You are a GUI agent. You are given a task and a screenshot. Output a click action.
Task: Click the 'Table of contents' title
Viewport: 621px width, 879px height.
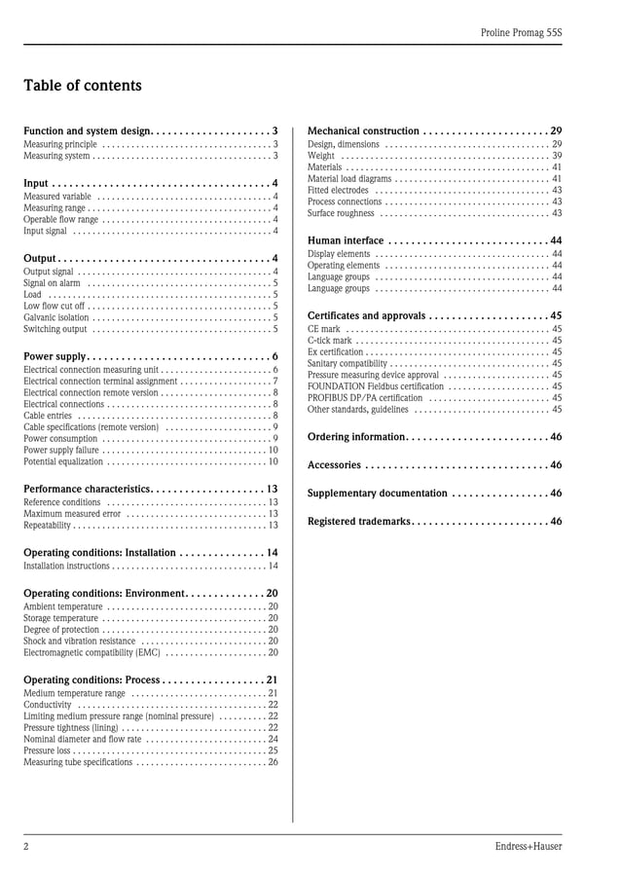coord(83,86)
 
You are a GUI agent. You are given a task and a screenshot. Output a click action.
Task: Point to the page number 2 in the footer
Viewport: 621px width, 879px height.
coord(26,846)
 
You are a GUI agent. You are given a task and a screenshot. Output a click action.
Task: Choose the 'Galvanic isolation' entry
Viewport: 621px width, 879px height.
coord(56,317)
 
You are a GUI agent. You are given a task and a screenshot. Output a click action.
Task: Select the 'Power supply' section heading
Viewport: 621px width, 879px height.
coord(55,356)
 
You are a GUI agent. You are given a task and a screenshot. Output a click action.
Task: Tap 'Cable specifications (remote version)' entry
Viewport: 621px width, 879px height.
coord(91,426)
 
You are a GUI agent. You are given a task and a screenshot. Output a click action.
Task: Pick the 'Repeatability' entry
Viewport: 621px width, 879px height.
coord(48,526)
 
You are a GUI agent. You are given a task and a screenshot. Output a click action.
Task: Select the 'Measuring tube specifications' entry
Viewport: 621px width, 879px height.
coord(78,763)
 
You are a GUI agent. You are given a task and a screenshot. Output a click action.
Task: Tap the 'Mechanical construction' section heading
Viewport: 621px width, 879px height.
coord(363,130)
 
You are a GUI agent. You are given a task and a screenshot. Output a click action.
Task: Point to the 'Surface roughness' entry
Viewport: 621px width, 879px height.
coord(341,213)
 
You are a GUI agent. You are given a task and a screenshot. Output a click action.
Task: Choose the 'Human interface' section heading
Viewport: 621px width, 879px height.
coord(346,240)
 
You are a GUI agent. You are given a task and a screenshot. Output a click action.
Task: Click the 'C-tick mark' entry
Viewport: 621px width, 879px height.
coord(329,341)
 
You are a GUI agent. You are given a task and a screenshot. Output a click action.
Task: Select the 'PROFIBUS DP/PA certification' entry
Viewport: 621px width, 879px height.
coord(365,397)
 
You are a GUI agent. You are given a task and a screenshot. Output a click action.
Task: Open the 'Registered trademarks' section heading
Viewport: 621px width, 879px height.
coord(359,522)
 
